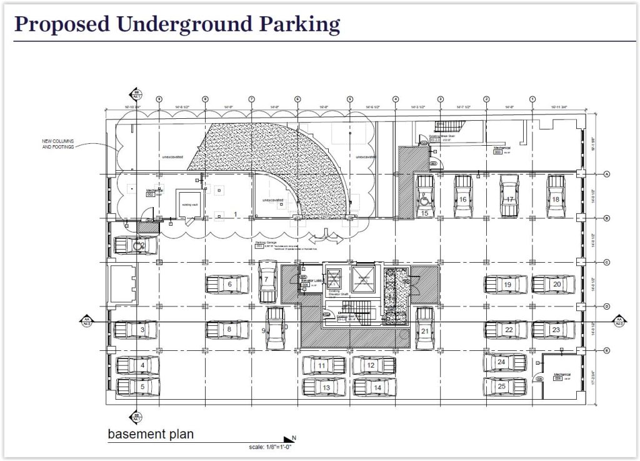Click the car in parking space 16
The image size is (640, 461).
click(462, 197)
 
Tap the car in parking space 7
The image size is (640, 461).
click(267, 281)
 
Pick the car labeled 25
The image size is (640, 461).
click(504, 386)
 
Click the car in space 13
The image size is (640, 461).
click(324, 387)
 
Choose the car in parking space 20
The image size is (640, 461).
click(553, 284)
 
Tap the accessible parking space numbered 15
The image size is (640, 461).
click(425, 197)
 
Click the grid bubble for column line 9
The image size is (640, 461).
click(159, 99)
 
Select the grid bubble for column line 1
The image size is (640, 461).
click(532, 99)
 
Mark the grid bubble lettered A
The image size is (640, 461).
click(606, 174)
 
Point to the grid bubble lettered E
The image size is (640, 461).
click(606, 351)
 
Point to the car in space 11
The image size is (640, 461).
click(324, 365)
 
